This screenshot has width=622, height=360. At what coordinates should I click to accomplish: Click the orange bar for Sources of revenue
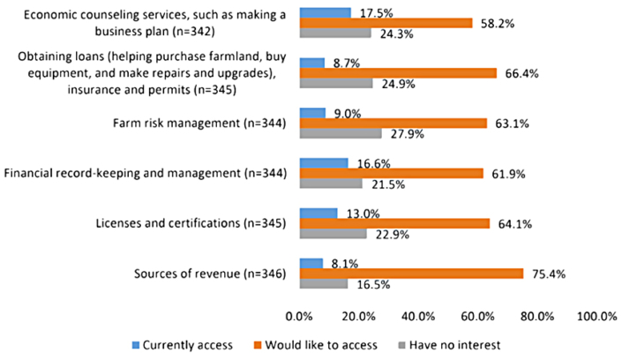(411, 274)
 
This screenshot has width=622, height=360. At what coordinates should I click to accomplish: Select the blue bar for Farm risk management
(313, 113)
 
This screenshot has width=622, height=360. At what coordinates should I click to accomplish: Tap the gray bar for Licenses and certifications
(333, 235)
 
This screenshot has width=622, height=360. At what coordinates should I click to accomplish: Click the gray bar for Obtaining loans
(336, 84)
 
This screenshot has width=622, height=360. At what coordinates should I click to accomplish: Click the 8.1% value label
(341, 262)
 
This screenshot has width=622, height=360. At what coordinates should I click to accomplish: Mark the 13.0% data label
(356, 213)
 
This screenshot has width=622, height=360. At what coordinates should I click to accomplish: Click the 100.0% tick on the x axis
(596, 315)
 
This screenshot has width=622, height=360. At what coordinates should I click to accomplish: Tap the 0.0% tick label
(300, 315)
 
